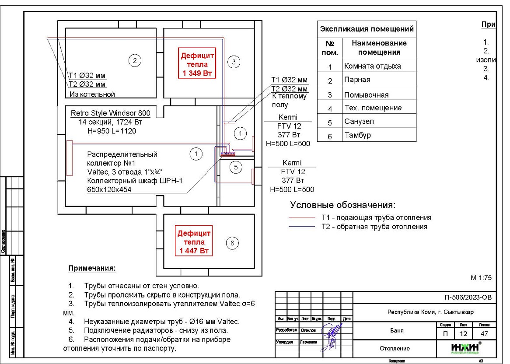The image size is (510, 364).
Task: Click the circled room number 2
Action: point(135,61)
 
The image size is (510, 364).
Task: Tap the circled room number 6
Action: point(232,243)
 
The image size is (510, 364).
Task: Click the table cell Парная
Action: point(357,80)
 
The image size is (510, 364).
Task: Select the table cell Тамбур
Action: point(357,135)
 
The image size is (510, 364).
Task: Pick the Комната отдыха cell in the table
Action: point(372,66)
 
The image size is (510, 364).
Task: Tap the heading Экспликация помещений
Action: point(367,30)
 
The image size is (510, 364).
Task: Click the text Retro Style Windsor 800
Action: point(110,113)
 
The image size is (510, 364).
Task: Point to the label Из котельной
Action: point(92,94)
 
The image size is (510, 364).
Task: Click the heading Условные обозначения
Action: point(343,205)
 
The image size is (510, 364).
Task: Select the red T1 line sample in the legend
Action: point(302,217)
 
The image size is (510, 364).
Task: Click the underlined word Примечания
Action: point(92,268)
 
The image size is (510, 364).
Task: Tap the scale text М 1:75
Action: point(481,278)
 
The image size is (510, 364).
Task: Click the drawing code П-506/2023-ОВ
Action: point(468,298)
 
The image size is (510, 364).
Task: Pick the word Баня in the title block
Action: point(396,331)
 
